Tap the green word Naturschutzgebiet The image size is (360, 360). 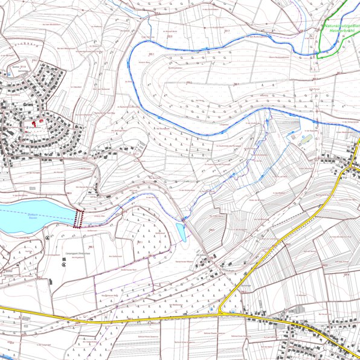tap(342, 25)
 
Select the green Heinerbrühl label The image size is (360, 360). tap(344, 33)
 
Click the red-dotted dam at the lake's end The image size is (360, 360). tap(78, 217)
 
